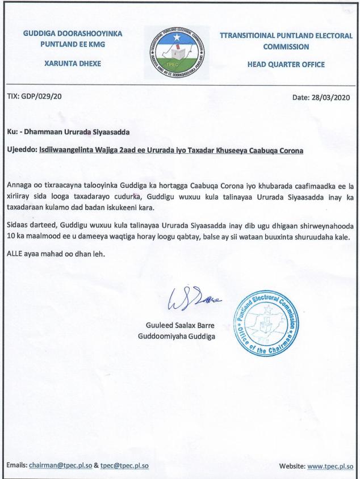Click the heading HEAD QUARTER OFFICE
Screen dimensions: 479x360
286,64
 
